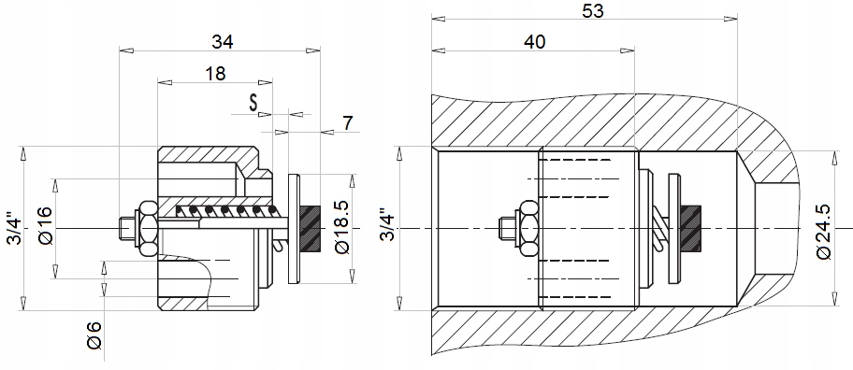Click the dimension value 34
(x=222, y=41)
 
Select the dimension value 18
(x=215, y=74)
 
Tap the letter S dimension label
(x=253, y=103)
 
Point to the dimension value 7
(x=348, y=123)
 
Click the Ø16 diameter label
(x=46, y=225)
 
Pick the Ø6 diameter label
(x=94, y=335)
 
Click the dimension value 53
(x=592, y=11)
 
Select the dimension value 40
(x=534, y=42)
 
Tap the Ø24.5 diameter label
(x=824, y=232)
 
